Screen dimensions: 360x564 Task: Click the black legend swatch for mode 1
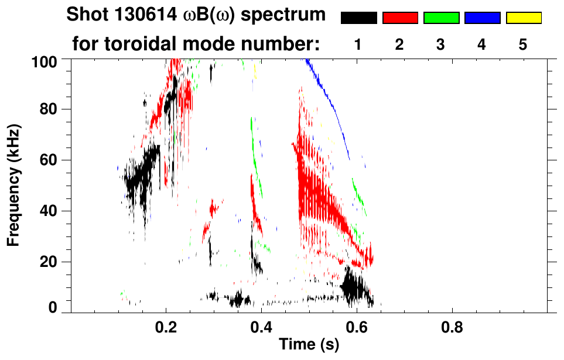pyautogui.click(x=358, y=18)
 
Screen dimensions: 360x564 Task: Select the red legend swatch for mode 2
pyautogui.click(x=400, y=18)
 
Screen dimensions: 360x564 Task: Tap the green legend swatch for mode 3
pyautogui.click(x=441, y=18)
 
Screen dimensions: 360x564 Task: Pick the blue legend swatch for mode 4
pyautogui.click(x=482, y=18)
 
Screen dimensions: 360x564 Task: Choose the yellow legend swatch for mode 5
pyautogui.click(x=523, y=18)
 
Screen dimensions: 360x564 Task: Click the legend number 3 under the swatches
pyautogui.click(x=441, y=44)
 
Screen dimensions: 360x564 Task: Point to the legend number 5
pyautogui.click(x=523, y=44)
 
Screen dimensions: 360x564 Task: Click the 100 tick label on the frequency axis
pyautogui.click(x=45, y=60)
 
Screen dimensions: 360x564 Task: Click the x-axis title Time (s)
pyautogui.click(x=309, y=345)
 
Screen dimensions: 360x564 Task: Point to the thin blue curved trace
pyautogui.click(x=328, y=100)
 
